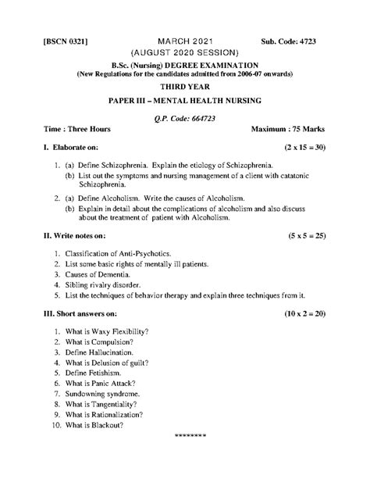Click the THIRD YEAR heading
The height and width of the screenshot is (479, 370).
pyautogui.click(x=185, y=89)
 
